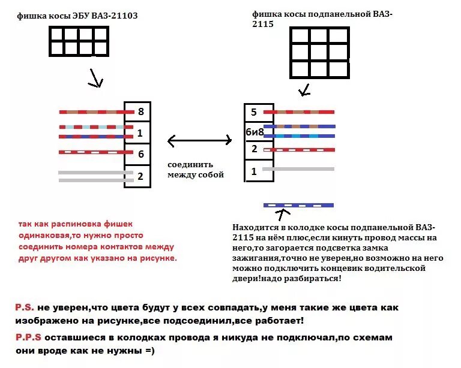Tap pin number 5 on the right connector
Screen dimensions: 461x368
pos(254,112)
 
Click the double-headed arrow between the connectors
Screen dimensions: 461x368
pos(199,141)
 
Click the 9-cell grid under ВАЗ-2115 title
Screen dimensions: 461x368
pos(319,52)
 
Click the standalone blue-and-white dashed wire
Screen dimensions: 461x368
pos(298,205)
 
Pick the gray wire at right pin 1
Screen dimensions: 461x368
pos(298,169)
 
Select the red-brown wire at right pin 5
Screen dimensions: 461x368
pos(298,112)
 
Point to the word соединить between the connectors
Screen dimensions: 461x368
pos(190,165)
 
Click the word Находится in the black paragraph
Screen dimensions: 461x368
pos(255,228)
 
